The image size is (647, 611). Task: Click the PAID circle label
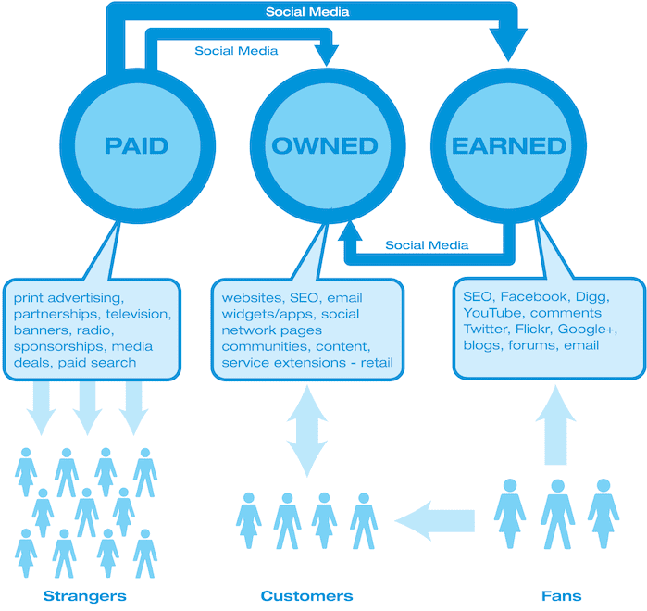pos(137,145)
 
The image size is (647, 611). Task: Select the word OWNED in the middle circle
pos(325,145)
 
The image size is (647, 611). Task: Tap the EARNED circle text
pos(509,145)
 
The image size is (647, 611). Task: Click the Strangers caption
pos(84,596)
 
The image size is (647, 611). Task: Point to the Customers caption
pos(306,596)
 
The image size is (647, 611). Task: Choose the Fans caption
pos(561,596)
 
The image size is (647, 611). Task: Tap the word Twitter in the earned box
pos(487,329)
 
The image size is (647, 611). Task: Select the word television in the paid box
pos(139,314)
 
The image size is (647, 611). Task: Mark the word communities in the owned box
pos(267,346)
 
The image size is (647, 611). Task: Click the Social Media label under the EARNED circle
pos(427,245)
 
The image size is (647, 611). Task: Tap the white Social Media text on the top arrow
pos(307,11)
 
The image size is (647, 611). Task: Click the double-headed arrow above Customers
pos(307,431)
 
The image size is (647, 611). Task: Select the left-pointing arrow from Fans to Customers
pos(435,520)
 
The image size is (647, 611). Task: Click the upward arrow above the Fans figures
pos(555,425)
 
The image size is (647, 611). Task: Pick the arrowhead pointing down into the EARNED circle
pos(508,44)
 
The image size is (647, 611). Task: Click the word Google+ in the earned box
pos(588,329)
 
